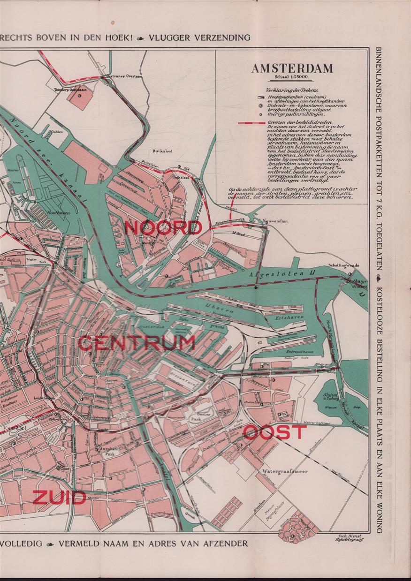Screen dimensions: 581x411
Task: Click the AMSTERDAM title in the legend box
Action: point(292,68)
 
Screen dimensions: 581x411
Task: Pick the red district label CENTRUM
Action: point(136,343)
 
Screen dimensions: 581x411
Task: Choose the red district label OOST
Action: point(275,432)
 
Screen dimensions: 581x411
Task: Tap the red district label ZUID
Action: point(59,497)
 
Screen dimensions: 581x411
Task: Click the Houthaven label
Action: point(58,212)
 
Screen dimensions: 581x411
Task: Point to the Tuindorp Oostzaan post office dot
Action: point(79,95)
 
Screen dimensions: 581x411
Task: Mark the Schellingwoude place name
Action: point(344,265)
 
